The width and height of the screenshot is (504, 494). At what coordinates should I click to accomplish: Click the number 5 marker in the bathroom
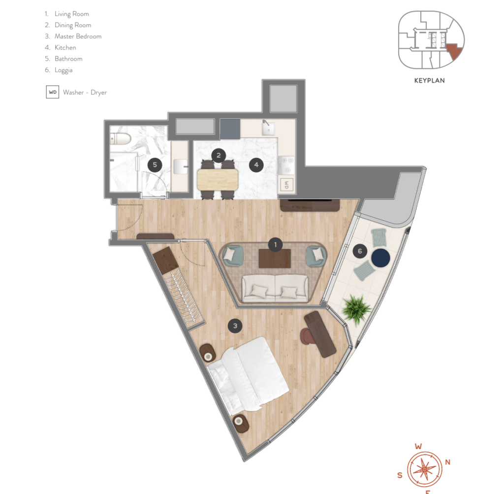point(155,165)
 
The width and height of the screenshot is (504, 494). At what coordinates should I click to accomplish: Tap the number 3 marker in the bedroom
point(235,326)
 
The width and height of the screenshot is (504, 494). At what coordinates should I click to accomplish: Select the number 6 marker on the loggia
point(360,251)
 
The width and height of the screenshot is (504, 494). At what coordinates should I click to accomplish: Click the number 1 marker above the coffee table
point(275,245)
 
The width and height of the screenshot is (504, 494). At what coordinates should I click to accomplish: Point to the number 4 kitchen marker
point(256,165)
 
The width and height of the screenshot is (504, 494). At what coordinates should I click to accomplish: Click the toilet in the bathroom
point(120,138)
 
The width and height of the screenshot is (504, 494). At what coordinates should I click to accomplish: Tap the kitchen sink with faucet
point(268,129)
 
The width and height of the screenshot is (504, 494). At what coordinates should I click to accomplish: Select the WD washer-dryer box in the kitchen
point(287,185)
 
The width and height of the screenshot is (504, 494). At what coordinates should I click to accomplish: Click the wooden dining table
point(218,179)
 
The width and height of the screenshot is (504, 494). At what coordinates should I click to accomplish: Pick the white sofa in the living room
point(275,289)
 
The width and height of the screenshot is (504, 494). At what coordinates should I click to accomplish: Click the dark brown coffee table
point(275,259)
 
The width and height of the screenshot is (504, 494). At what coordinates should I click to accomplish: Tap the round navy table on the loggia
point(380,258)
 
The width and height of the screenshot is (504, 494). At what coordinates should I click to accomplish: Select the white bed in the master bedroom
point(248,376)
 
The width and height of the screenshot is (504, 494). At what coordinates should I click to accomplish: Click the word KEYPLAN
point(429,80)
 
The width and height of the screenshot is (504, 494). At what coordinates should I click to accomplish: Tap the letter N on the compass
point(447,462)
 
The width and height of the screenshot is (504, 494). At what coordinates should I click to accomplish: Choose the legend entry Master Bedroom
point(78,36)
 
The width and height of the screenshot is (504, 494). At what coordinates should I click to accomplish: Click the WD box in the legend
point(52,92)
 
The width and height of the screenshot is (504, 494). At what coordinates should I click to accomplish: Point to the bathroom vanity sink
point(180,166)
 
